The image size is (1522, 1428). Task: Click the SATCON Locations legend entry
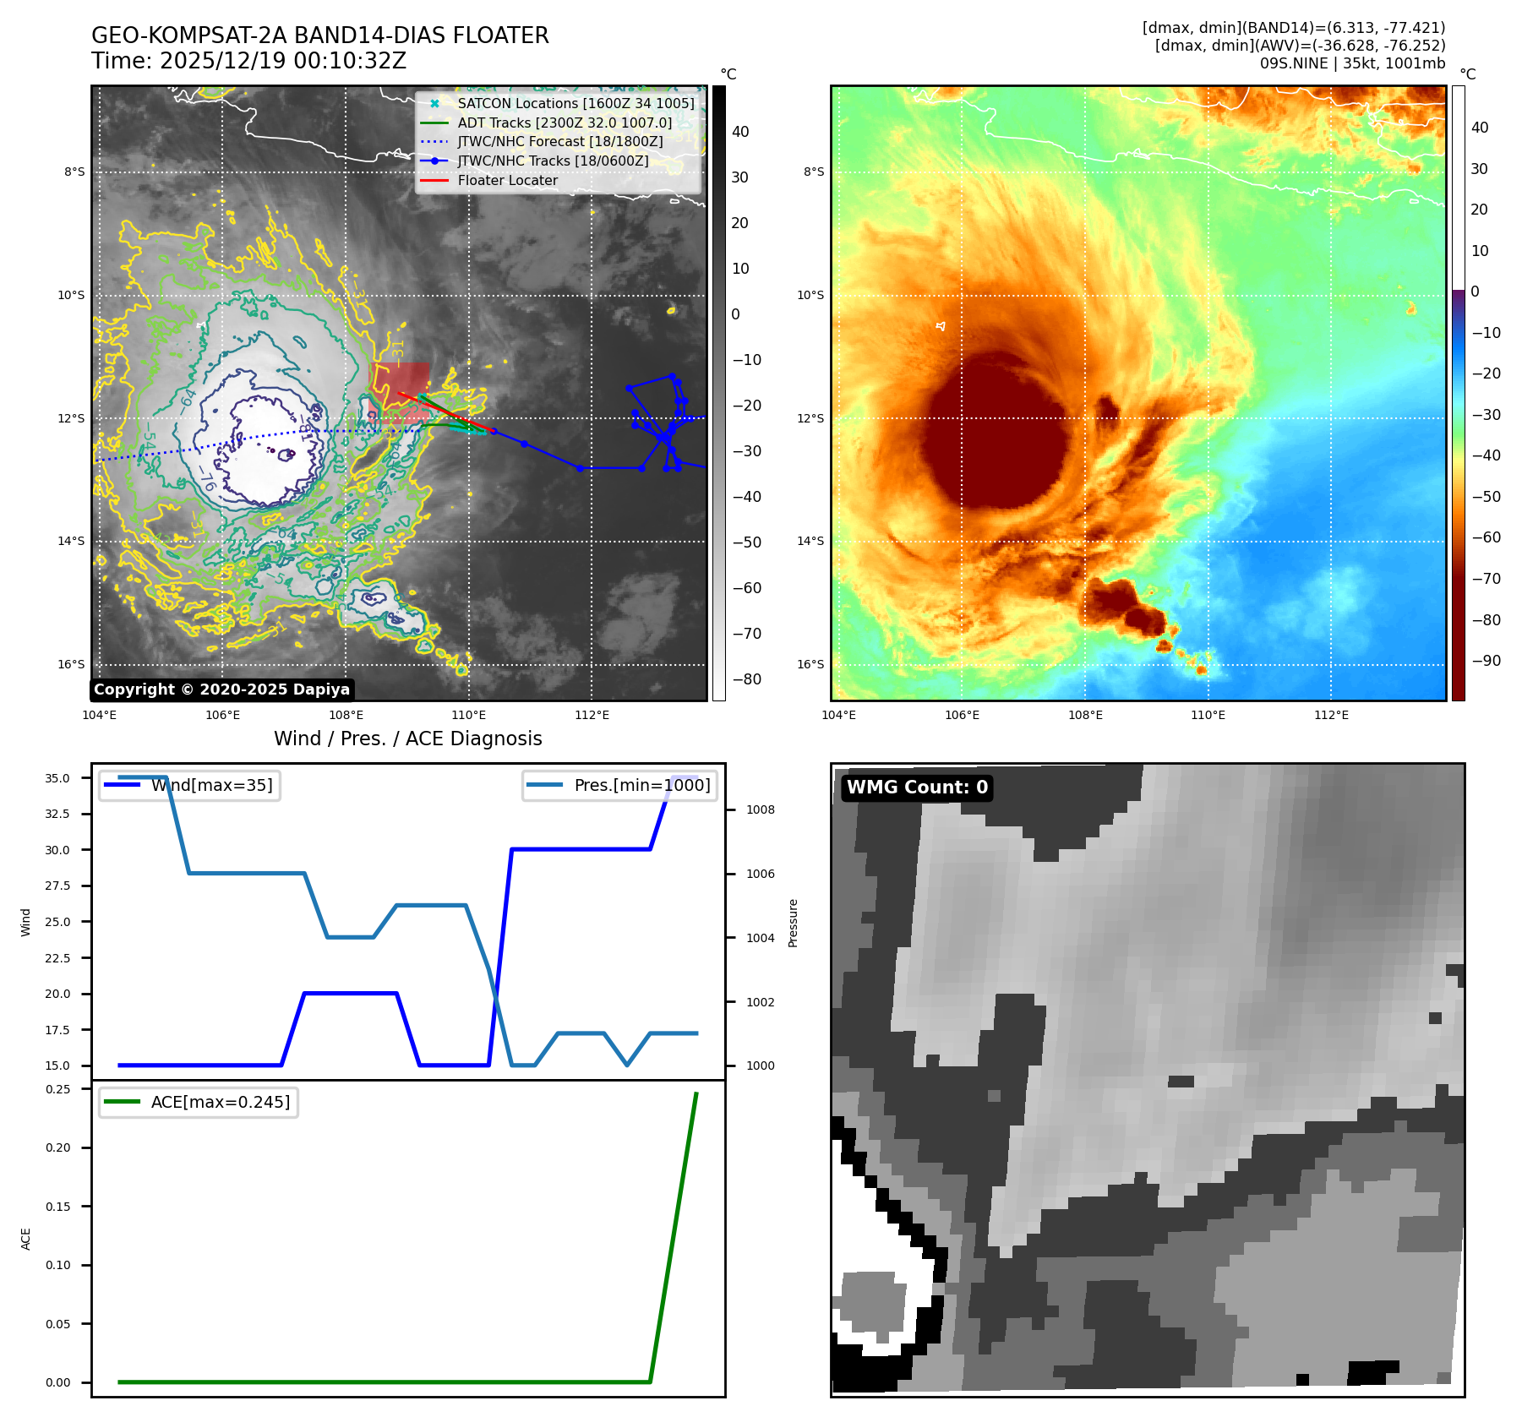[x=576, y=103]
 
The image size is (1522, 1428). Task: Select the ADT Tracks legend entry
[x=565, y=123]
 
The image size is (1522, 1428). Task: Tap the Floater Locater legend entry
[x=507, y=180]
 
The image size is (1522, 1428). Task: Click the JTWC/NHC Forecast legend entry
[x=559, y=141]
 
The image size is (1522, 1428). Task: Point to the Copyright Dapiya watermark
[x=221, y=689]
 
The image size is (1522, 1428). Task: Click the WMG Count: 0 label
[x=917, y=788]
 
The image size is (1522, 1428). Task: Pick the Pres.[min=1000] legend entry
[x=641, y=785]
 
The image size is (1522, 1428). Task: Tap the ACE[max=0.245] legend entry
[x=220, y=1102]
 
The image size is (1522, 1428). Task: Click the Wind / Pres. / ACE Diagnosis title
[x=408, y=739]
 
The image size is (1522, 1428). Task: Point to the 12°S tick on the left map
[x=71, y=418]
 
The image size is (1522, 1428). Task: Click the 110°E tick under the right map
[x=1208, y=715]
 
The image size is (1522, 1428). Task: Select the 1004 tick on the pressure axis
[x=760, y=938]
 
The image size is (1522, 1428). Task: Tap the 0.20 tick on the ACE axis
[x=58, y=1147]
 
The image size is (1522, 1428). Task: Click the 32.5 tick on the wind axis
[x=57, y=814]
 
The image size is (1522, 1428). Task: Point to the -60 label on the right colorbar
[x=1486, y=537]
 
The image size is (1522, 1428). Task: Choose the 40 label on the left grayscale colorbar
[x=740, y=132]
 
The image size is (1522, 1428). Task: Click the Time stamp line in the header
[x=249, y=61]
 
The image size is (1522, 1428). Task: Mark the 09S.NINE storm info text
[x=1352, y=63]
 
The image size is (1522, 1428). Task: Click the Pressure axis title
[x=793, y=923]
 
